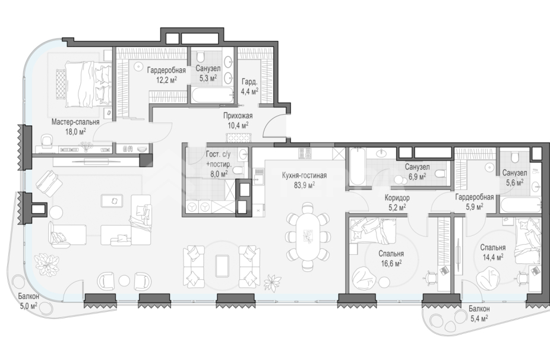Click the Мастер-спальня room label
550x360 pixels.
(75, 122)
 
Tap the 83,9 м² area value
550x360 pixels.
(304, 185)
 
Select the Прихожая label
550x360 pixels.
(238, 115)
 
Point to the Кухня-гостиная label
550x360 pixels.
(305, 175)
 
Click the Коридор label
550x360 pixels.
(397, 198)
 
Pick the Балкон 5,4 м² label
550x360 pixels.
(479, 314)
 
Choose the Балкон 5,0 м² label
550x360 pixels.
(29, 301)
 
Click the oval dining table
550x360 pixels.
(308, 237)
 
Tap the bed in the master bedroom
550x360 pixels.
(84, 84)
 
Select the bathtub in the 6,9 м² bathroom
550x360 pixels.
(357, 167)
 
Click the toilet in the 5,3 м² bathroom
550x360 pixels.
(201, 56)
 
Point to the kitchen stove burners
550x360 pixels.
(305, 153)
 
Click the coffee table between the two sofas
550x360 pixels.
(222, 266)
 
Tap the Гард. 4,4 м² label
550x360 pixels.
(249, 86)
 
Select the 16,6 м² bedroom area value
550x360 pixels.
(391, 263)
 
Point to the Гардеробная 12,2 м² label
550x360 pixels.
(166, 75)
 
